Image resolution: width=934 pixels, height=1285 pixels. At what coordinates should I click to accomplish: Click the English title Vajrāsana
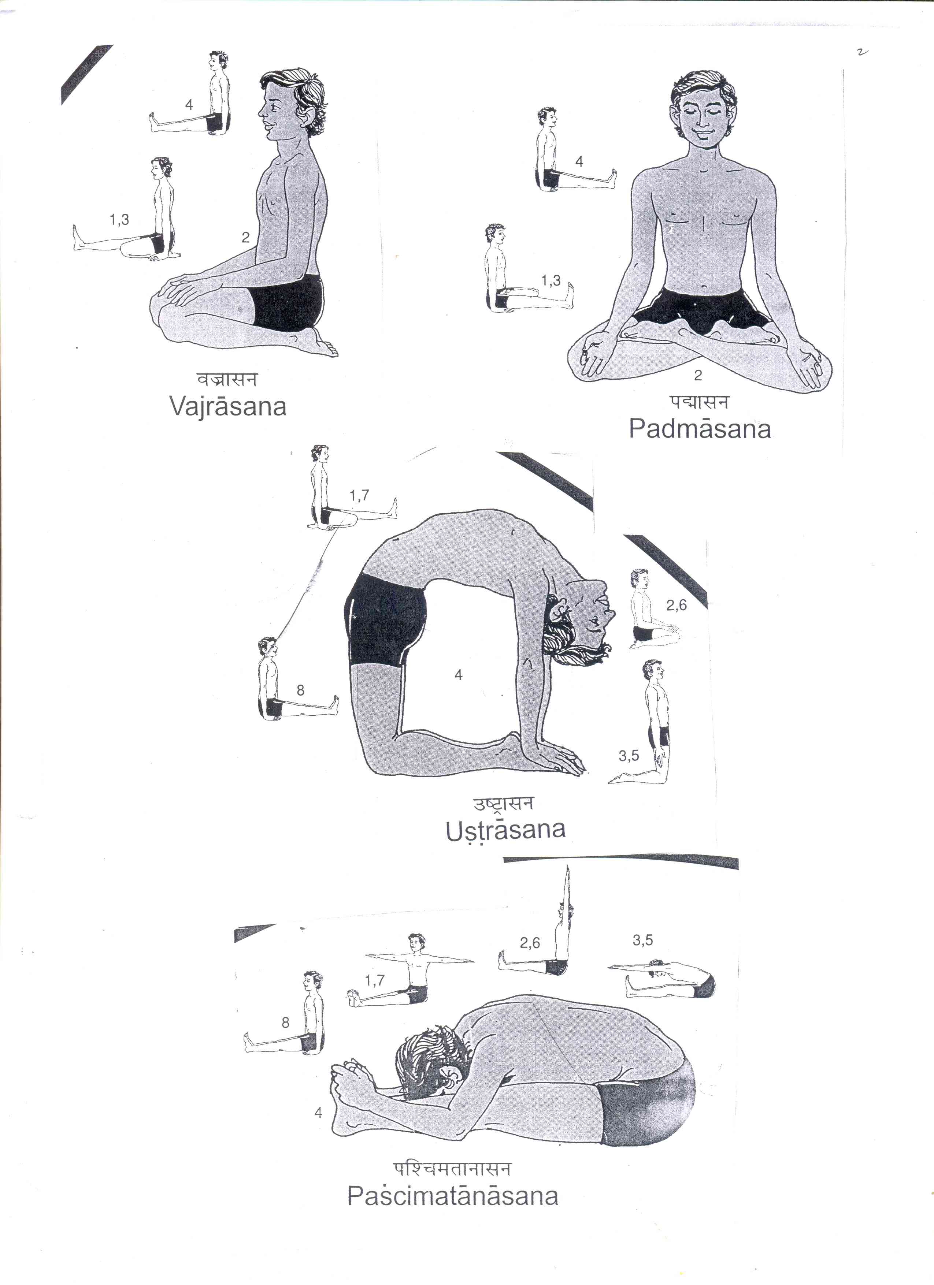click(x=228, y=406)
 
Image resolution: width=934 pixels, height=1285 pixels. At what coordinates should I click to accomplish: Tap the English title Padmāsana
click(x=700, y=429)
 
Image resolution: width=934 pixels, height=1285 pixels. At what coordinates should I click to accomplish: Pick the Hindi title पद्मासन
click(x=698, y=402)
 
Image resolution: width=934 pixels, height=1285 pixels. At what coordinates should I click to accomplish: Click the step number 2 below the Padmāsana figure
click(x=698, y=375)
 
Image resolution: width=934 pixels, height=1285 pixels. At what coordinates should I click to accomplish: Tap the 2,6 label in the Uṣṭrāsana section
click(x=676, y=606)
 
